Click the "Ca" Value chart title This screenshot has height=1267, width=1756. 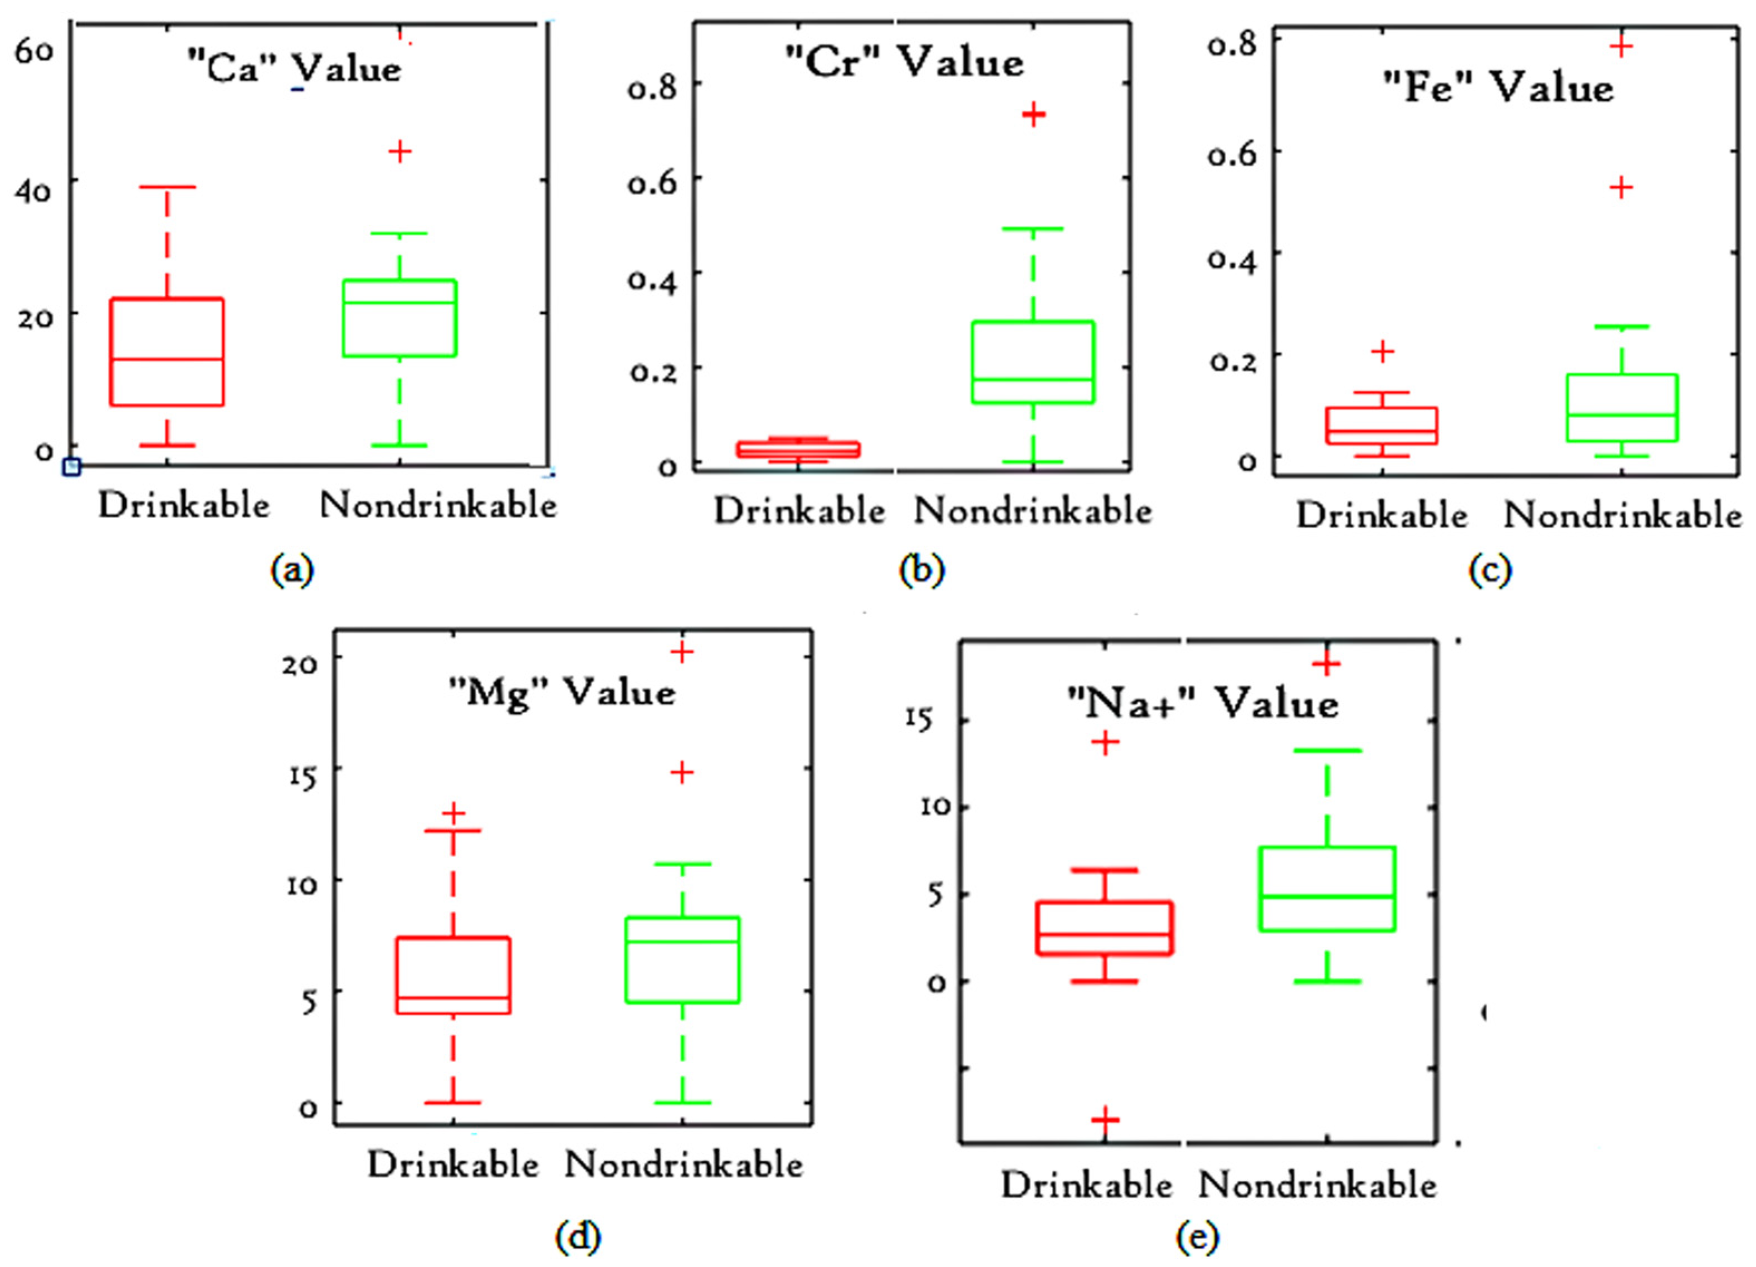tap(294, 68)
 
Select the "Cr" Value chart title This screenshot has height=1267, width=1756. tap(904, 62)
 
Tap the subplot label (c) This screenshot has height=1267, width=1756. tap(1490, 571)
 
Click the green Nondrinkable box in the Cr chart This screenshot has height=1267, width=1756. tap(1033, 362)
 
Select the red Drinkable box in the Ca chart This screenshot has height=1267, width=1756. tap(167, 352)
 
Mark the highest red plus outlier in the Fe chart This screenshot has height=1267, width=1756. tap(1621, 46)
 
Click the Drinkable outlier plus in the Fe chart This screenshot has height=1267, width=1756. tap(1382, 352)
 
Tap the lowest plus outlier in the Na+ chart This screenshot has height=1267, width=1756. tap(1106, 1119)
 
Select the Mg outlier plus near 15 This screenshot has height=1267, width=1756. tap(682, 772)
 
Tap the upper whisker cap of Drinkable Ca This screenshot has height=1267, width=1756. tap(167, 187)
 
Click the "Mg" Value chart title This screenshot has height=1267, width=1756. tap(562, 691)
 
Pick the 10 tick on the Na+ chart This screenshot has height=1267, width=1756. tap(934, 807)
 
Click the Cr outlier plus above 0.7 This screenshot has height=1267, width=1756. tap(1033, 115)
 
